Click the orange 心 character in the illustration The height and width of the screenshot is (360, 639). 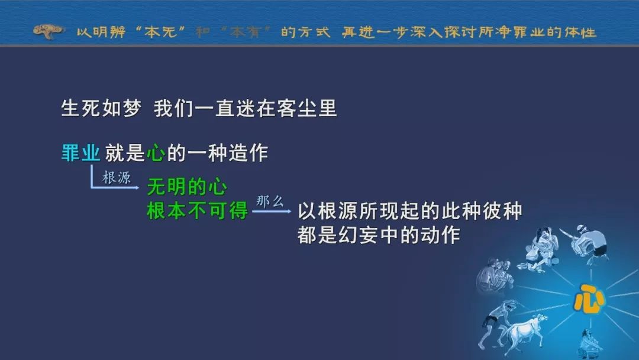pyautogui.click(x=589, y=299)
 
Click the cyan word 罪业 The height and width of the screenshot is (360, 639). pyautogui.click(x=80, y=153)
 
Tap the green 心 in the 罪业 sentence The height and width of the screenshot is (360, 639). pyautogui.click(x=156, y=153)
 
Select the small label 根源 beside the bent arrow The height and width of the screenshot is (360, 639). pyautogui.click(x=116, y=178)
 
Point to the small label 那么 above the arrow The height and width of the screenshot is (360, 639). pyautogui.click(x=270, y=201)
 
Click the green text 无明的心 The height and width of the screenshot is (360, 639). pyautogui.click(x=186, y=187)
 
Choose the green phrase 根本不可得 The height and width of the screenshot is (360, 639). pyautogui.click(x=197, y=211)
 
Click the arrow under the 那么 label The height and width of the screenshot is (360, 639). pyautogui.click(x=272, y=211)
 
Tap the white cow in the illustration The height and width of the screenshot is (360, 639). pyautogui.click(x=524, y=330)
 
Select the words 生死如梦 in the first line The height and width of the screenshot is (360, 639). pyautogui.click(x=101, y=108)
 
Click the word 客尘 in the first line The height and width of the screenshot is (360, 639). pyautogui.click(x=296, y=108)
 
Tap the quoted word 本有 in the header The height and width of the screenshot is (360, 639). pyautogui.click(x=246, y=32)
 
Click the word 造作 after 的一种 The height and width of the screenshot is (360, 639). pyautogui.click(x=248, y=153)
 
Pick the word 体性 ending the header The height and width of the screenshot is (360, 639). pyautogui.click(x=581, y=32)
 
